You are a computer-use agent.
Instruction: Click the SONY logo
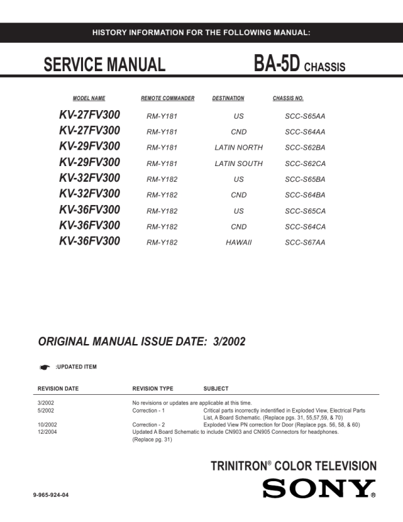point(319,489)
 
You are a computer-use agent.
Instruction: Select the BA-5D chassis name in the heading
point(277,64)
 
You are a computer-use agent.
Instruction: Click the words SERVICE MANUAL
point(104,65)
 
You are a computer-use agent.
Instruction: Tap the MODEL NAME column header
point(89,99)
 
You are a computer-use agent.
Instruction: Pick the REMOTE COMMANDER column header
point(168,99)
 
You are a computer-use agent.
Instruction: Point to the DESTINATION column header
point(228,99)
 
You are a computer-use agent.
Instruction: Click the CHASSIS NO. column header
point(288,99)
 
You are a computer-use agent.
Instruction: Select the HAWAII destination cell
point(238,243)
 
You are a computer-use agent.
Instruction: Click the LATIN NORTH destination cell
point(238,148)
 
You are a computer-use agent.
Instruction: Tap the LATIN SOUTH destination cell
point(238,163)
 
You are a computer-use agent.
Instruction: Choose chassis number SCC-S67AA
point(305,243)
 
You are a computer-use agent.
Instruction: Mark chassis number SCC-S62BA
point(305,148)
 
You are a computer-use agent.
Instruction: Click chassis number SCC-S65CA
point(305,211)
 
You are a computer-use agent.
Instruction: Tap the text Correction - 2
point(149,424)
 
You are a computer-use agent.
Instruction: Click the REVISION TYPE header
point(153,389)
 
